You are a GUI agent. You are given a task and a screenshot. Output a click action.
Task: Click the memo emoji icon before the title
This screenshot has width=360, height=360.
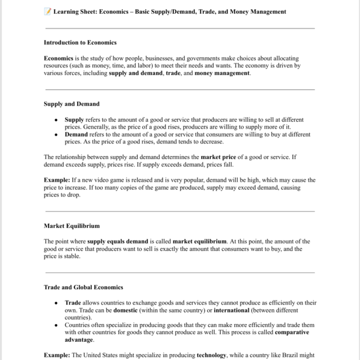47,11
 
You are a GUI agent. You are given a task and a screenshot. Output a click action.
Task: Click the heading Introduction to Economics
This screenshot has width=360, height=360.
80,42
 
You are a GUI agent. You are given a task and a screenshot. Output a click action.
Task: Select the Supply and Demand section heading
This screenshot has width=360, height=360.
71,104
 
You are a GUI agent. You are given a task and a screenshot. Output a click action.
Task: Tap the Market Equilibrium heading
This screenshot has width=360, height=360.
71,226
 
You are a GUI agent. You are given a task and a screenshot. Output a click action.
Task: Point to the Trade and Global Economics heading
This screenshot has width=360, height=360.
83,287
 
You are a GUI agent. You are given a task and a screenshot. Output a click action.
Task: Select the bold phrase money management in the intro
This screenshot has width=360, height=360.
222,73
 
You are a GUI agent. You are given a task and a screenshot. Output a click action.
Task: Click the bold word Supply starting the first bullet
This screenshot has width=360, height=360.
74,119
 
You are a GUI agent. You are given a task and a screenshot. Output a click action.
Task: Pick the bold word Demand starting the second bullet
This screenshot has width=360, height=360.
76,134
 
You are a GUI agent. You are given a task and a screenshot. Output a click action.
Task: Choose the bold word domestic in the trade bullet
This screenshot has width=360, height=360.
129,310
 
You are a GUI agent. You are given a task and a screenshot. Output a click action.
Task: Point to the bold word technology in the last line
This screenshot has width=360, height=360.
211,355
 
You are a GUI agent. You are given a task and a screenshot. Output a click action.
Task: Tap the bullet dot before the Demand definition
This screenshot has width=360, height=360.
56,135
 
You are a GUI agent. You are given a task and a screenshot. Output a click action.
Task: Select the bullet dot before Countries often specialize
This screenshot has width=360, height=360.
56,325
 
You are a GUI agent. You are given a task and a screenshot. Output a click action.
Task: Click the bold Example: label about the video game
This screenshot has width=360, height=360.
57,179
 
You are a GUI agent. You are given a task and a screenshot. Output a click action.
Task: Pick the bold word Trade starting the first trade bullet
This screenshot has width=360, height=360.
73,302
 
